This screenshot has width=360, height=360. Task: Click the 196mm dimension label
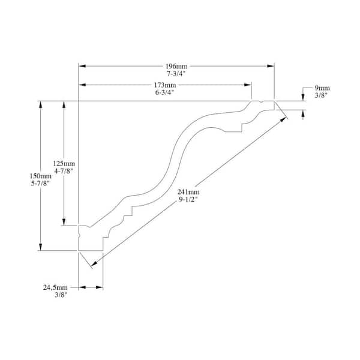[x=176, y=67]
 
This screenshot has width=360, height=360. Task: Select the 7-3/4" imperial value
[x=176, y=74]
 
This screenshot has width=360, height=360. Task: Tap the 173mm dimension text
[x=165, y=85]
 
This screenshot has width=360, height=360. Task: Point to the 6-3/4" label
[x=164, y=92]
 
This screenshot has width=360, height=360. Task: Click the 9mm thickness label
[x=322, y=88]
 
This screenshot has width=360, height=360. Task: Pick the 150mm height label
[x=41, y=176]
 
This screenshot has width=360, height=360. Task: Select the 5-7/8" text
[x=40, y=184]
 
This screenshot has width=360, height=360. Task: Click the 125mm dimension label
[x=64, y=163]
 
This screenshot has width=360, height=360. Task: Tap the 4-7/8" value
[x=64, y=171]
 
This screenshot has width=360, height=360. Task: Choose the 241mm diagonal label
[x=188, y=192]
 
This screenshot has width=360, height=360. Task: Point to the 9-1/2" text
[x=188, y=199]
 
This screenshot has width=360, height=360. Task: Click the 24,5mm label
[x=55, y=287]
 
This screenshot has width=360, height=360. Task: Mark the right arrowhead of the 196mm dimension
[x=271, y=66]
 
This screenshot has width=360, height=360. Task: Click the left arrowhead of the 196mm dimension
[x=82, y=66]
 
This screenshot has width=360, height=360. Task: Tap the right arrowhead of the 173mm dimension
[x=248, y=85]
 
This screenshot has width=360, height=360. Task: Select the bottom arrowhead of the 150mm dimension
[x=41, y=247]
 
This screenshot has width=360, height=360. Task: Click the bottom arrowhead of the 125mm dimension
[x=64, y=222]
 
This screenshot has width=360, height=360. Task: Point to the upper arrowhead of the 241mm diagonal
[x=283, y=119]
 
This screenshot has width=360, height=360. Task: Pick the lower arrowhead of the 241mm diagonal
[x=94, y=264]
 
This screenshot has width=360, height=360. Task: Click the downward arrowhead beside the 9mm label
[x=303, y=98]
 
